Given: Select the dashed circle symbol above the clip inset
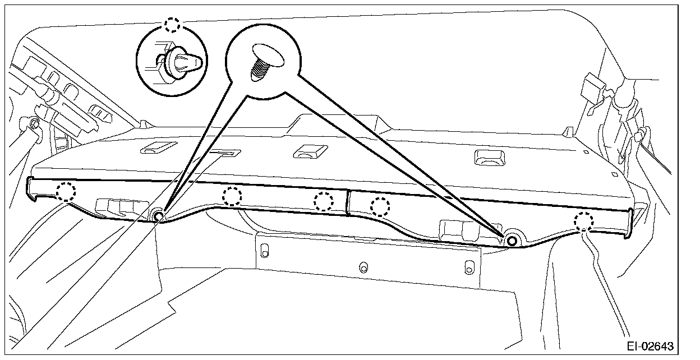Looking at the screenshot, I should point(172,25).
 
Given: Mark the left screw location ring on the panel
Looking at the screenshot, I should point(158,216).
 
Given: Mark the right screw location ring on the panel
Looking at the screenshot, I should point(512,241).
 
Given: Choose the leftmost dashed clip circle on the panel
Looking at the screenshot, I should point(66,191).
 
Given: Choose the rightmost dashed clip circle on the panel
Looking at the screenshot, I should point(583,221).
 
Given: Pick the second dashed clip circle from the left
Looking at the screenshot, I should point(232,196).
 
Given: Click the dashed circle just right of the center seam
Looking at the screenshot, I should point(380,207).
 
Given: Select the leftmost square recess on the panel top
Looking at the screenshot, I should point(154,147).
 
